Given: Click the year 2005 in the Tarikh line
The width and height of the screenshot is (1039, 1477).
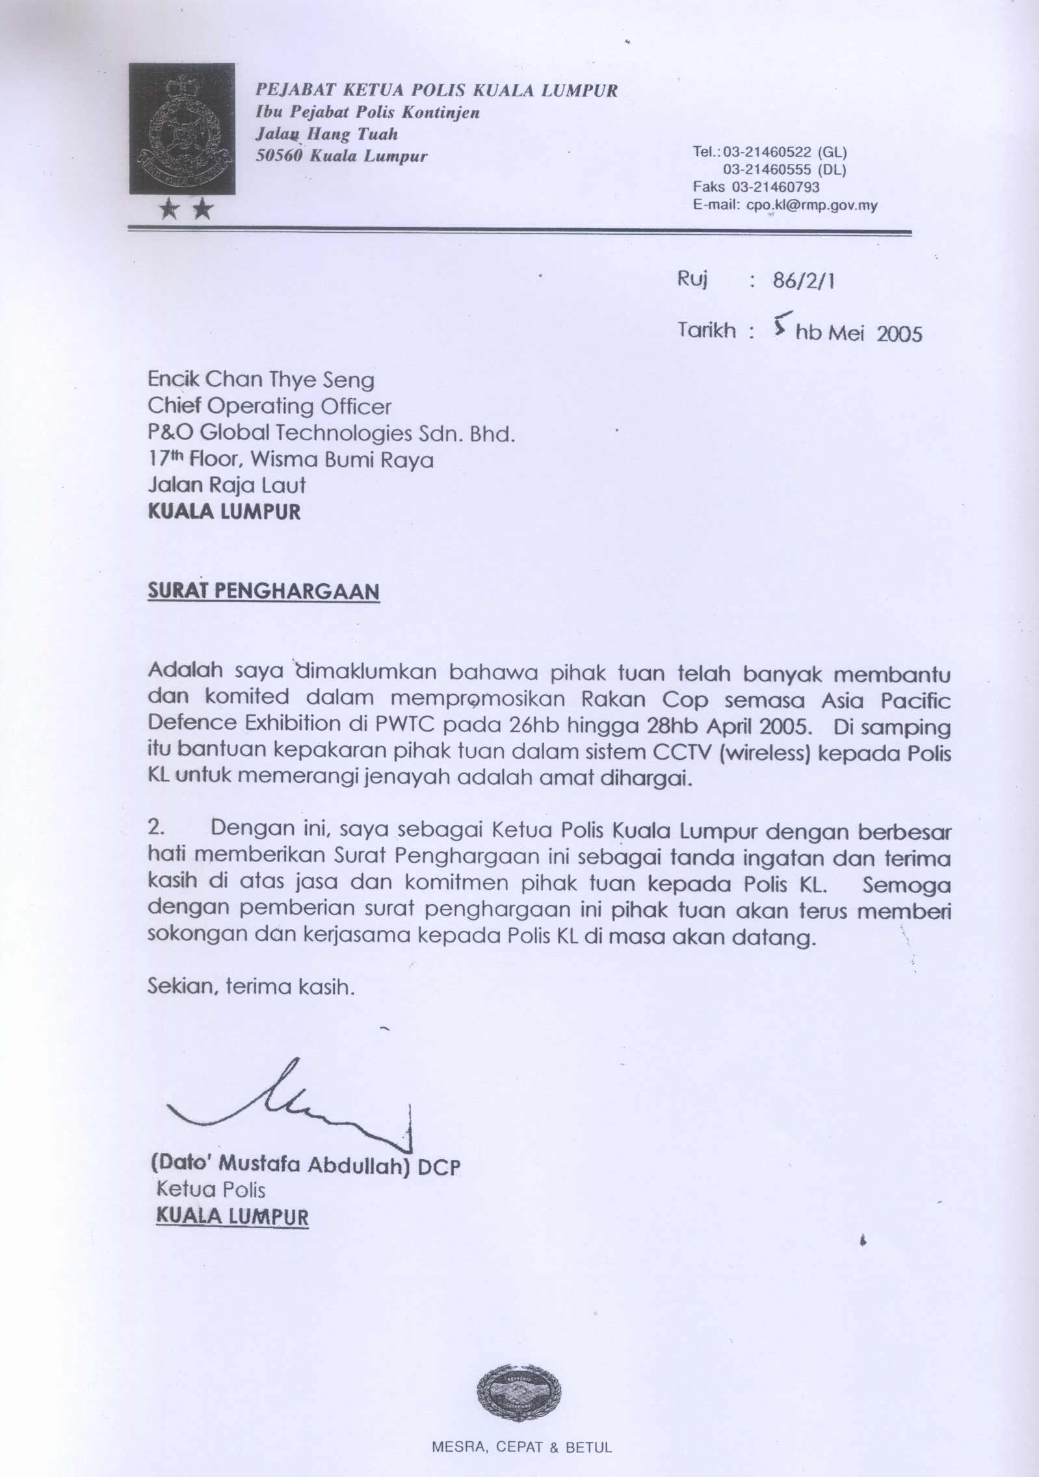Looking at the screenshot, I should point(899,333).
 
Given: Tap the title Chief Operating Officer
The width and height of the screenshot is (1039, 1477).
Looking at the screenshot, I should point(269,407).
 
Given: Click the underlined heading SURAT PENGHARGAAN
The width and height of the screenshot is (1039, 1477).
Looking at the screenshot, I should point(263,592).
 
